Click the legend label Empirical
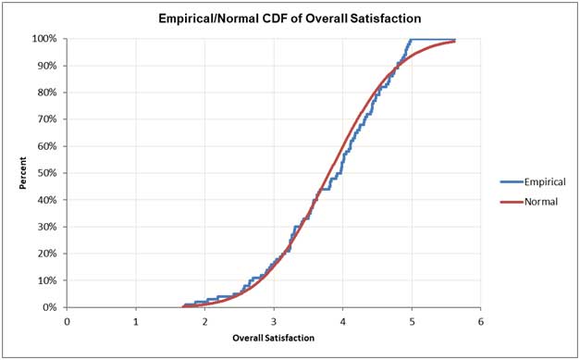click(x=535, y=182)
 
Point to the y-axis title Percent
click(x=24, y=173)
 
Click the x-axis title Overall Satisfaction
click(x=273, y=338)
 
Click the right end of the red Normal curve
click(x=454, y=42)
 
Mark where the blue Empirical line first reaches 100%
click(x=412, y=40)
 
